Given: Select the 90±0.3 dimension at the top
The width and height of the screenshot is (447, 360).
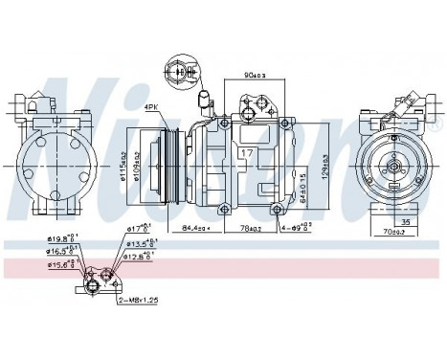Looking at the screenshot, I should [x=255, y=76].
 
